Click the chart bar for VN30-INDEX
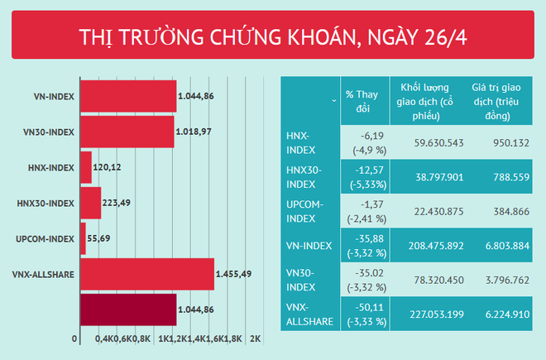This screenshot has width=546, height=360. coord(126,132)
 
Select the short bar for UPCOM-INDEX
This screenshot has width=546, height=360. coord(82,238)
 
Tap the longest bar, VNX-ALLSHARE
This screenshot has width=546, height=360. coord(146,273)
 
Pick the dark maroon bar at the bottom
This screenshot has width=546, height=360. coord(127,309)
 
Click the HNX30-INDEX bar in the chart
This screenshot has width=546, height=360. coord(89,203)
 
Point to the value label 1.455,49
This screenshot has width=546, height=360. coord(238,273)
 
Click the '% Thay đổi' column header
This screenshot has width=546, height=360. coord(362,100)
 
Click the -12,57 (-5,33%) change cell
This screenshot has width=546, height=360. coord(362,176)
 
